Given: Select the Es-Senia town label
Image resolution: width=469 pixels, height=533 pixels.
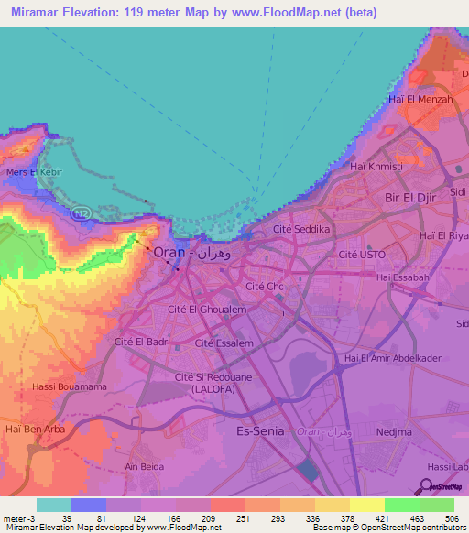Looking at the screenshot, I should tap(263, 430).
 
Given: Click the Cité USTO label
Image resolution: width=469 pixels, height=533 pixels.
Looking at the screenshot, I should tap(363, 254).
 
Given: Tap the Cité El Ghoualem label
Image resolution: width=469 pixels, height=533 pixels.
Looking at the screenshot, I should tap(208, 310).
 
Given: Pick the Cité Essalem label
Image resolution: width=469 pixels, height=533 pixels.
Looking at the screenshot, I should tap(224, 343).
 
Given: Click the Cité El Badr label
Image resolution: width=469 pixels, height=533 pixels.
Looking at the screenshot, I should tap(142, 342).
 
